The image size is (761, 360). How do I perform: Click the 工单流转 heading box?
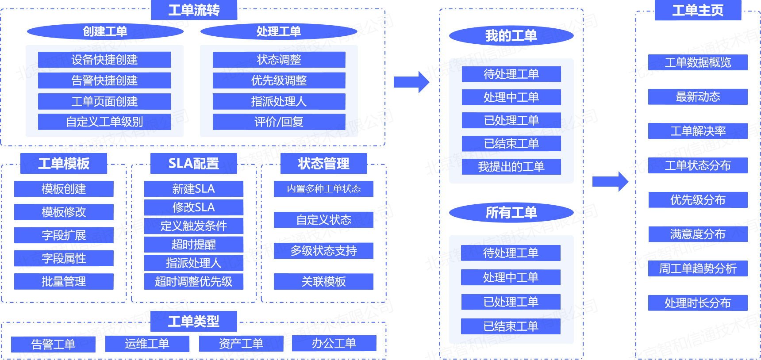(194, 10)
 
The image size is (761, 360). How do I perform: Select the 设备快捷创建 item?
(104, 60)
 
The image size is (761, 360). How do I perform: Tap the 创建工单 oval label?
(105, 31)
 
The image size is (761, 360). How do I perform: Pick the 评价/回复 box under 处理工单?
(279, 122)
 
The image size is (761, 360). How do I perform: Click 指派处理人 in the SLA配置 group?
(194, 263)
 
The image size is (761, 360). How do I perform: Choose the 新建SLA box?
(194, 189)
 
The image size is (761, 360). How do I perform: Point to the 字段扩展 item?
(64, 235)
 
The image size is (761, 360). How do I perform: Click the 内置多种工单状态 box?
(323, 189)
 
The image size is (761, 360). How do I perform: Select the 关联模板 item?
(323, 281)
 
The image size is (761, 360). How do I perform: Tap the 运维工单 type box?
(147, 344)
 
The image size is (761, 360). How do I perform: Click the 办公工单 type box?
(334, 343)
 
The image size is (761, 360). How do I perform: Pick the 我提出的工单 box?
(511, 167)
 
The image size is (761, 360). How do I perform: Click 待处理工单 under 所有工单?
(511, 253)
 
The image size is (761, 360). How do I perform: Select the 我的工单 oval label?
(511, 36)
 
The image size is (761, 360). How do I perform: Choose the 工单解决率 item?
(698, 131)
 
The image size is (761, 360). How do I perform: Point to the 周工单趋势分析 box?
(698, 268)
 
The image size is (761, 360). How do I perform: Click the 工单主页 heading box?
(698, 10)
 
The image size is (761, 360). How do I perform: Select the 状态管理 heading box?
(323, 164)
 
